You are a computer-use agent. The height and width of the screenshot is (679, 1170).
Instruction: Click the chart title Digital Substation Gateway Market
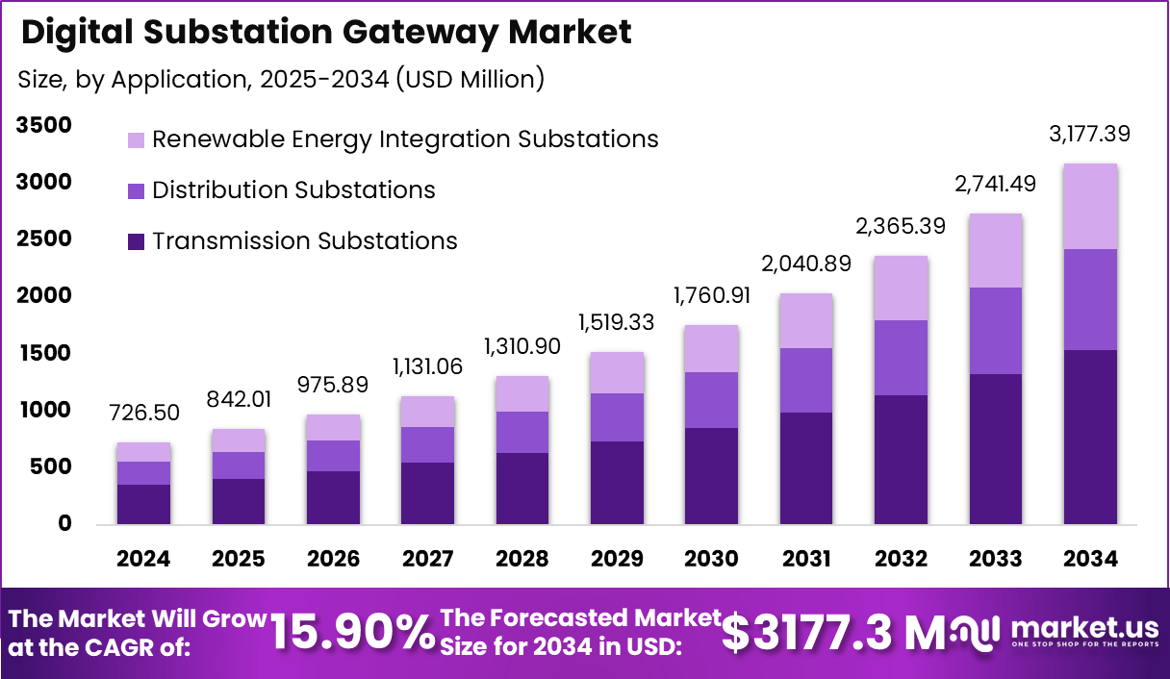tap(326, 32)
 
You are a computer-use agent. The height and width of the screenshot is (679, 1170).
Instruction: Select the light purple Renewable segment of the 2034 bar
tap(1090, 207)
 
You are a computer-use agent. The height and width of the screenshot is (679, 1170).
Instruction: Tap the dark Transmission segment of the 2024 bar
tap(143, 504)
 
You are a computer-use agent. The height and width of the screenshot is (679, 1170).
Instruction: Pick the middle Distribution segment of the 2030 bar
tap(711, 400)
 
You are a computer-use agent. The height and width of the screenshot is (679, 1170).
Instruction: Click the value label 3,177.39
tap(1089, 134)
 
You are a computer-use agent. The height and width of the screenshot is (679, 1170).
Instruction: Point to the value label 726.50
tap(143, 413)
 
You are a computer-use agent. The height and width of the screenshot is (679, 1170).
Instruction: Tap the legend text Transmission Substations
tap(304, 240)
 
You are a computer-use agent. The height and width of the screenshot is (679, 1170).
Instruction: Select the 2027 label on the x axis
tap(427, 559)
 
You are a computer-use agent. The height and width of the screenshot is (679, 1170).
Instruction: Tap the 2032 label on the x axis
tap(901, 559)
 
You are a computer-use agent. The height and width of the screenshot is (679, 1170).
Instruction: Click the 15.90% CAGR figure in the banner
tap(351, 632)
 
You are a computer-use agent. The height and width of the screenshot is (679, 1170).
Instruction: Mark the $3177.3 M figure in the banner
tap(835, 632)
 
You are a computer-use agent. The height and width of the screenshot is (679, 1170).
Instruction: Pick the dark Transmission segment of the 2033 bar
tap(995, 448)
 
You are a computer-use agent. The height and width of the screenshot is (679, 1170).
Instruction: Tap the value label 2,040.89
tap(806, 264)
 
